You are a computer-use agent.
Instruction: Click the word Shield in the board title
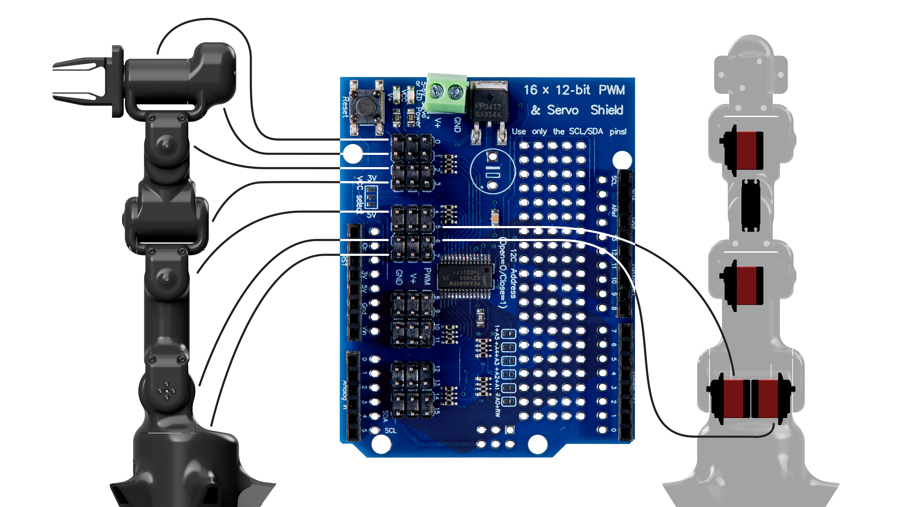pyautogui.click(x=607, y=110)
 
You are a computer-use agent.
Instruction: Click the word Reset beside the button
pyautogui.click(x=345, y=107)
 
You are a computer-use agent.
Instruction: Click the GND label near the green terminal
pyautogui.click(x=457, y=125)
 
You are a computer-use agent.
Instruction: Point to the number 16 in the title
pyautogui.click(x=530, y=90)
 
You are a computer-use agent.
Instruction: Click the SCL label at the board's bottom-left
pyautogui.click(x=391, y=430)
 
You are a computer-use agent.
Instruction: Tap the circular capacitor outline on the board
pyautogui.click(x=492, y=171)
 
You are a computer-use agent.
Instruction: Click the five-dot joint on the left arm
pyautogui.click(x=167, y=391)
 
